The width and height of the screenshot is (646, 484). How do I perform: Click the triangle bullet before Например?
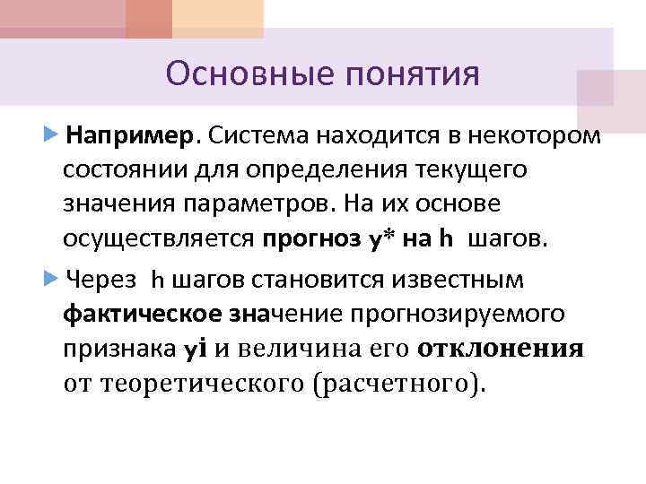pos(49,135)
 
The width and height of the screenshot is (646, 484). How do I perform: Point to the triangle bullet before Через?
pos(49,280)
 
